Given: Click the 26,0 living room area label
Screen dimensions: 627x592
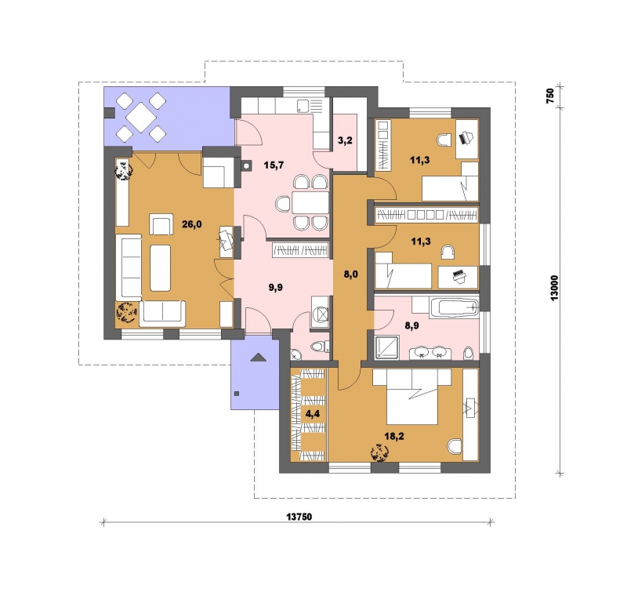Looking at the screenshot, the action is pyautogui.click(x=192, y=224).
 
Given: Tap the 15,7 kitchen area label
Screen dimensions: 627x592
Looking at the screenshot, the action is pyautogui.click(x=274, y=165).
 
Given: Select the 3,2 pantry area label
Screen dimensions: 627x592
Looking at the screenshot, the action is pyautogui.click(x=345, y=140).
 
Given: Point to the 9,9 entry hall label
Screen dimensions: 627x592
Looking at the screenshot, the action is pyautogui.click(x=276, y=287).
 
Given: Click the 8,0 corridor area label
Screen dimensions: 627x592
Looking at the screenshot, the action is pyautogui.click(x=350, y=274).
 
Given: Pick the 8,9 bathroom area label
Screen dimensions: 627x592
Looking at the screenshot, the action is pyautogui.click(x=412, y=326).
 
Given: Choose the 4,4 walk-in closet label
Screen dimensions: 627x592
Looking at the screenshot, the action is pyautogui.click(x=312, y=414).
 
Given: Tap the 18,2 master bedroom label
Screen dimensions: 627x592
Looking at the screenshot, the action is pyautogui.click(x=394, y=436).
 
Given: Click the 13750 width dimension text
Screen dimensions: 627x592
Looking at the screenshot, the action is pyautogui.click(x=299, y=517).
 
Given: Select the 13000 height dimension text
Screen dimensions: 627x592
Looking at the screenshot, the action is pyautogui.click(x=555, y=288).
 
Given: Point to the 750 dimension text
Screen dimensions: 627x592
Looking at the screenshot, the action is pyautogui.click(x=550, y=96).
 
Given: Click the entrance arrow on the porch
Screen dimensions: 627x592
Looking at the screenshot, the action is pyautogui.click(x=258, y=358).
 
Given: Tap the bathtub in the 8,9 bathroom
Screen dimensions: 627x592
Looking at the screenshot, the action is pyautogui.click(x=455, y=307).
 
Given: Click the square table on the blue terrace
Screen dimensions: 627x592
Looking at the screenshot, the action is pyautogui.click(x=141, y=117).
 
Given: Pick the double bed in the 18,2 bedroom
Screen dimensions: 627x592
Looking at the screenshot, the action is pyautogui.click(x=412, y=397).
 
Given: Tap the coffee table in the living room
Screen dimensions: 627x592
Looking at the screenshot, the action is pyautogui.click(x=161, y=268).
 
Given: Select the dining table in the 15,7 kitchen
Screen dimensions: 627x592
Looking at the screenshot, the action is pyautogui.click(x=310, y=202).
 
